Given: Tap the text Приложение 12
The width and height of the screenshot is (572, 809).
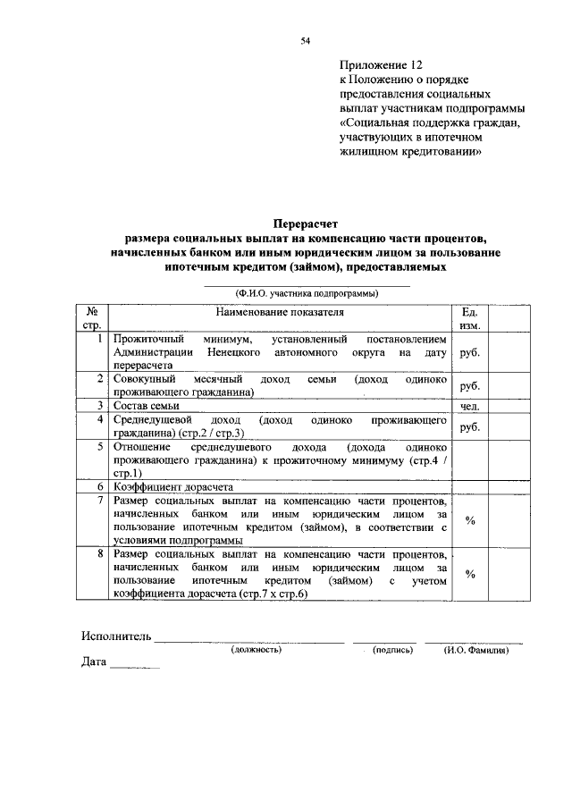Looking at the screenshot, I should point(379,65).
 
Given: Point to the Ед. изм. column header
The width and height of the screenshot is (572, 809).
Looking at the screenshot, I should point(469,318).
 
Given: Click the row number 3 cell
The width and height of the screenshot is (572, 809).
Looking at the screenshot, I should point(102,406).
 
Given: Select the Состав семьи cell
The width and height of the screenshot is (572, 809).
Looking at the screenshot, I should point(152,406).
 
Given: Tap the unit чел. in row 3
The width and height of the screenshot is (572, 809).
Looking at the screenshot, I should point(469,407).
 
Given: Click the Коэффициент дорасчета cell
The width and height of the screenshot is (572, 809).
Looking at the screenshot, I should point(172,487).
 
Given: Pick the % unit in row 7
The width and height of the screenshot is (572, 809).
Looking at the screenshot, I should point(469,521).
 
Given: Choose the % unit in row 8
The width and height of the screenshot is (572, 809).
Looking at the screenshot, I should point(469,574).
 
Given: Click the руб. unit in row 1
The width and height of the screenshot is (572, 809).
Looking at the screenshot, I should point(469,353).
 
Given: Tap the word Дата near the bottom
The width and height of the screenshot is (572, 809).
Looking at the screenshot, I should point(94,663).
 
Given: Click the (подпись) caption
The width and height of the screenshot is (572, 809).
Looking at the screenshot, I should point(392,650).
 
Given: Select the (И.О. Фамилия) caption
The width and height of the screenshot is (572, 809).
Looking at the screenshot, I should point(475,650).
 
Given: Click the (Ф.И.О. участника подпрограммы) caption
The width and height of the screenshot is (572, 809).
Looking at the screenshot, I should point(307,292).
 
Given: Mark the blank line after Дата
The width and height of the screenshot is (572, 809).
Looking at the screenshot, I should point(135,667).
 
